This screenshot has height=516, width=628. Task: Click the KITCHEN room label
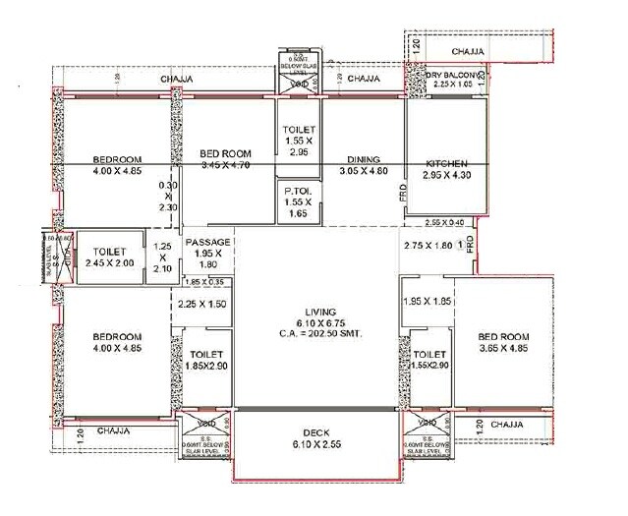(x=446, y=163)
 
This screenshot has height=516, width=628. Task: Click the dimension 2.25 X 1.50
(x=202, y=304)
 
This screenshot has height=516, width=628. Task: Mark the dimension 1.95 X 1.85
(x=427, y=300)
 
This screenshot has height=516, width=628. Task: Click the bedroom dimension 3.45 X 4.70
(x=224, y=165)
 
